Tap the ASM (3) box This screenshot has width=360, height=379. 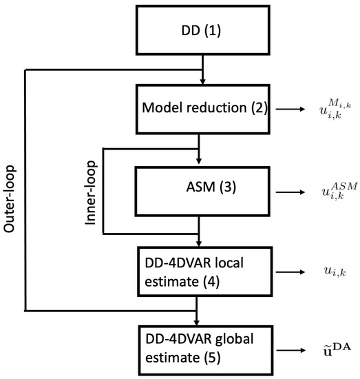pyautogui.click(x=199, y=188)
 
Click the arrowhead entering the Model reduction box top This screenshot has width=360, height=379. pyautogui.click(x=202, y=81)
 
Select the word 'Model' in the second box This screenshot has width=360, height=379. pyautogui.click(x=159, y=109)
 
